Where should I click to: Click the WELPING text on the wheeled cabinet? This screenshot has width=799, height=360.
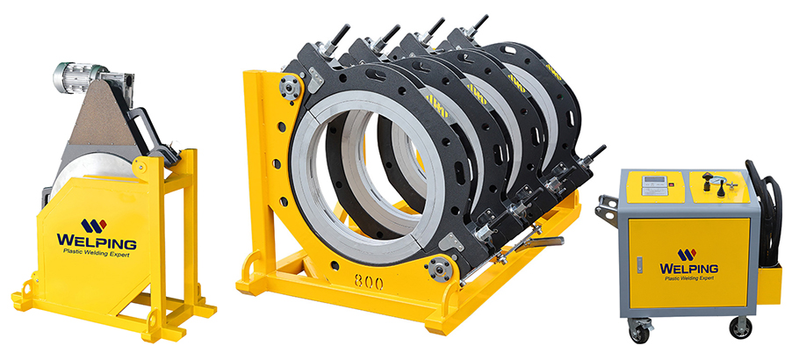pos(687,266)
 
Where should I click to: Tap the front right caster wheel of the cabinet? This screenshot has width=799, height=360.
pos(740,328)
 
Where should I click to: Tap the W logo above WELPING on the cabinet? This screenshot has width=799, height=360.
pos(687,254)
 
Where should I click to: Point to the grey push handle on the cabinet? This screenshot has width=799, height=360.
pos(606,211)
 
